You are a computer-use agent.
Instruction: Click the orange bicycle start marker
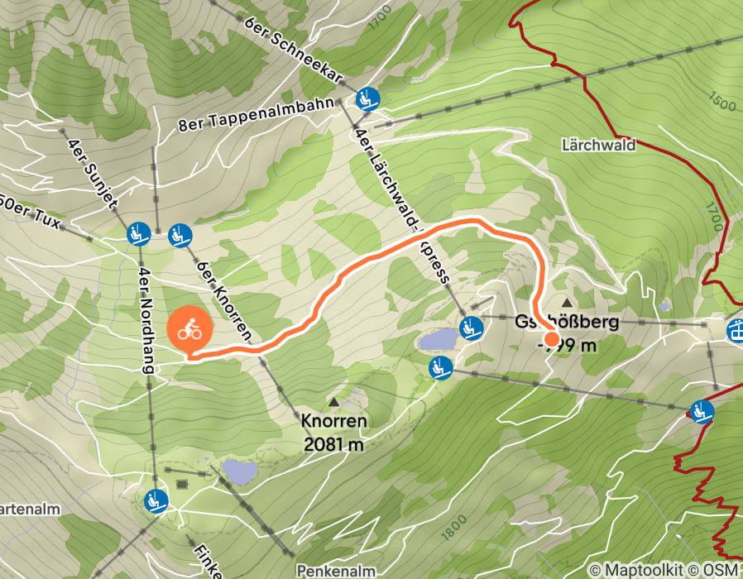(190, 330)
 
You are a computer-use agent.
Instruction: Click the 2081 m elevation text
(334, 444)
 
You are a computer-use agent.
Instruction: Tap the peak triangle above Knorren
(334, 403)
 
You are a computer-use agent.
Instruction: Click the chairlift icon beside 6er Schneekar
(367, 100)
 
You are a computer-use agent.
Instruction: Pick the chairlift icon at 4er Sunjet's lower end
(138, 235)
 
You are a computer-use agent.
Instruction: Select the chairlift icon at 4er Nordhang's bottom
(156, 500)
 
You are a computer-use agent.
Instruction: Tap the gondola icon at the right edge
(735, 330)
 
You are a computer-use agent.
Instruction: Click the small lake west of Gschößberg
(437, 339)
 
